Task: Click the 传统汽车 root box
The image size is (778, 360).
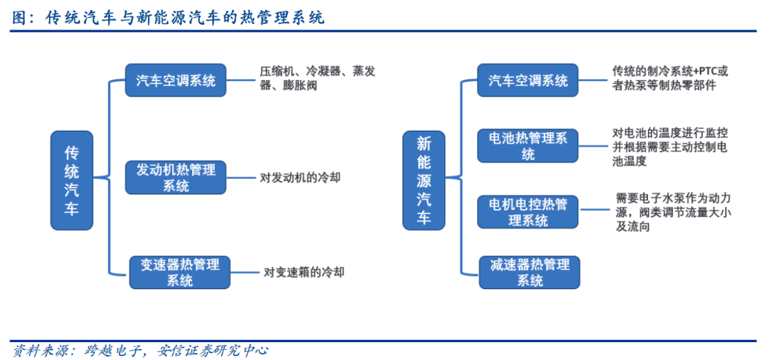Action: point(72,180)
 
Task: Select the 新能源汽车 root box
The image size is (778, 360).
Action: point(424,180)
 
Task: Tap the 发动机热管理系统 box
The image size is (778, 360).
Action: point(176,177)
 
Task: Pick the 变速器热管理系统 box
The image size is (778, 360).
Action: point(180,272)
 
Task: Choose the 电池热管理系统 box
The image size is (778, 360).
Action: point(528,145)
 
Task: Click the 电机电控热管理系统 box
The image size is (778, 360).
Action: point(528,212)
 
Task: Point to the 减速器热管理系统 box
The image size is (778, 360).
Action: point(530,272)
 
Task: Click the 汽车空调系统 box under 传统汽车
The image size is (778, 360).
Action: point(176,80)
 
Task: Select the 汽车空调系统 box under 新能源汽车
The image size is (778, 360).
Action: point(528,80)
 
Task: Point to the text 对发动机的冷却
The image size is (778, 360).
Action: point(300,177)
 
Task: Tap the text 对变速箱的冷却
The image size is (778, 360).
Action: point(303,272)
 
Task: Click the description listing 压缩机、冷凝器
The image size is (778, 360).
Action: point(317,79)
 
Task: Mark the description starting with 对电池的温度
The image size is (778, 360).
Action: point(671,147)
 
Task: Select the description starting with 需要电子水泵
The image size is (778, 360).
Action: point(673,213)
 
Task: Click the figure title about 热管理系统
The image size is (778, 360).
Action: point(168,19)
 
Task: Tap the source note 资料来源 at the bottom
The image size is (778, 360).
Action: point(140,351)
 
